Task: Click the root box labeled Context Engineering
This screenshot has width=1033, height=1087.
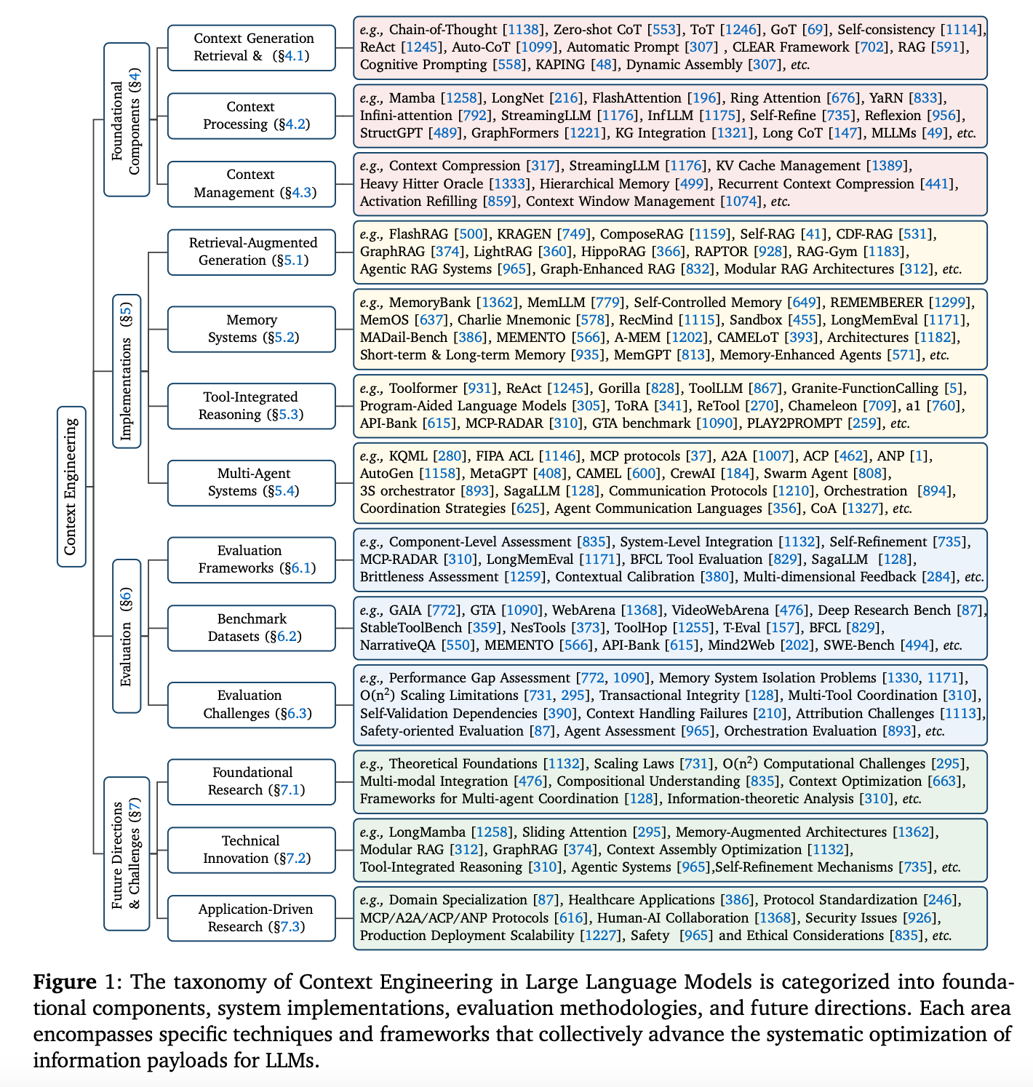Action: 71,486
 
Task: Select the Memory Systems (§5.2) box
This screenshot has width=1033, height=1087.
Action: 252,329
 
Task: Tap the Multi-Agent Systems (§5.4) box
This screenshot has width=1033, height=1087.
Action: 252,482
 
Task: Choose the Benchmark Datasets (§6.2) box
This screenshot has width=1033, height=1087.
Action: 252,627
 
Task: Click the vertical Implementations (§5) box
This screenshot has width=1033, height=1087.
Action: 127,370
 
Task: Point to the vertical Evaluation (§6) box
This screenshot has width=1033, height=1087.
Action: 127,636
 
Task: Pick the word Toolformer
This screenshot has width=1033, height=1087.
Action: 423,389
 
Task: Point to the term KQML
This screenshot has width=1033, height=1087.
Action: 408,456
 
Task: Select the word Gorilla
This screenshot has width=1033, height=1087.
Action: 619,389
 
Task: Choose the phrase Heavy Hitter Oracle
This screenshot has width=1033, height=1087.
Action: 421,184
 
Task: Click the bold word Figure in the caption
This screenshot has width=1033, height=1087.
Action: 65,982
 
